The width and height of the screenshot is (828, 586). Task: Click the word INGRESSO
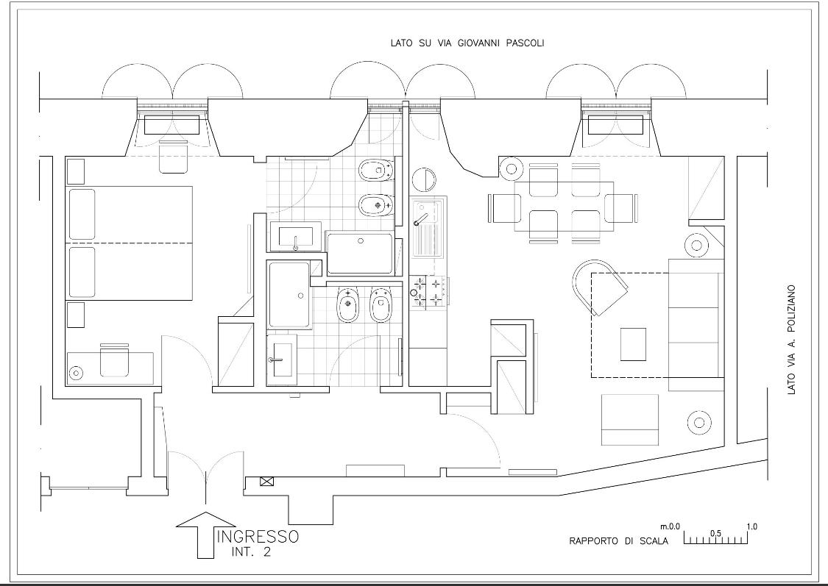click(x=258, y=537)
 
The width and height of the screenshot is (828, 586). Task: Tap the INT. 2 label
click(x=252, y=553)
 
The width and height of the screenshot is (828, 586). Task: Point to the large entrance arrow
click(x=205, y=535)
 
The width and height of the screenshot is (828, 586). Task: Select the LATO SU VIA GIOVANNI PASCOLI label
click(x=467, y=43)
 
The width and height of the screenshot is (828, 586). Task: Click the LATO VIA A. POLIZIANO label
click(x=791, y=340)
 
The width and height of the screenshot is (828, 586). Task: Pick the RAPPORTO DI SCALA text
click(x=618, y=541)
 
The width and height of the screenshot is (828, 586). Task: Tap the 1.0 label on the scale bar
click(x=752, y=526)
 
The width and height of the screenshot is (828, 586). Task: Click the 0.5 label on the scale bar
click(x=715, y=533)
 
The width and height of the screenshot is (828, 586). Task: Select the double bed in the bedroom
click(x=130, y=243)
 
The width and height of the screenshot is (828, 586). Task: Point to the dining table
click(x=564, y=207)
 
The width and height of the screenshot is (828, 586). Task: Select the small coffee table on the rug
click(x=633, y=344)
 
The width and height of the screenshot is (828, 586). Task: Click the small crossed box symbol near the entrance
click(x=266, y=481)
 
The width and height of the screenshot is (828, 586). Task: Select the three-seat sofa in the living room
click(x=696, y=325)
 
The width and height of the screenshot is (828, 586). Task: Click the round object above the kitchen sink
click(x=424, y=180)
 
